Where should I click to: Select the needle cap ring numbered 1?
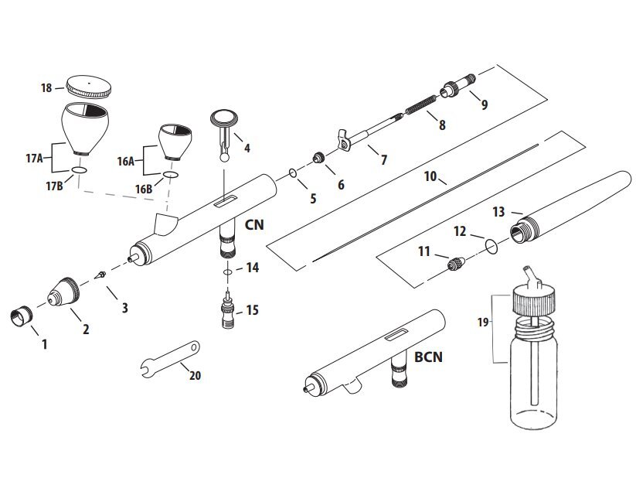(x=21, y=316)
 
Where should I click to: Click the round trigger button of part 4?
(x=225, y=118)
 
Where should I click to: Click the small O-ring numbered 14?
(x=226, y=272)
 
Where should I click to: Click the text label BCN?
(x=427, y=357)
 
